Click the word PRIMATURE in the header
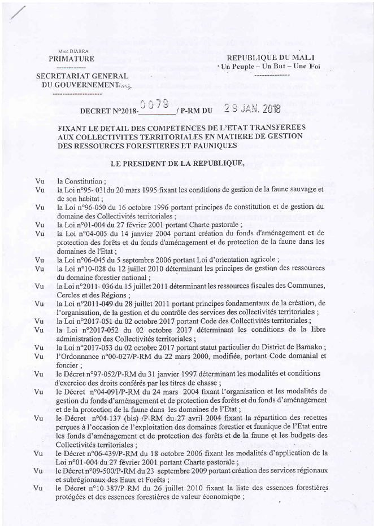[x=71, y=59]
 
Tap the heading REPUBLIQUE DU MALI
[x=270, y=58]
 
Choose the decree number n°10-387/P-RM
[x=121, y=488]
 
